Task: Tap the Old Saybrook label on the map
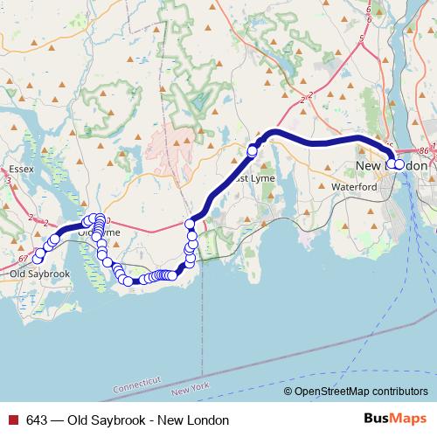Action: [x=39, y=274]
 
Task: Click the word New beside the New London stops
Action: [x=368, y=165]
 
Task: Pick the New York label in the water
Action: [x=192, y=387]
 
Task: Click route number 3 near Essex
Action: [x=8, y=181]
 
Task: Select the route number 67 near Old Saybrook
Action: [x=22, y=258]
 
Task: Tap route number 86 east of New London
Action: [x=424, y=150]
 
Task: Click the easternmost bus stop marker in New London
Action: [x=400, y=164]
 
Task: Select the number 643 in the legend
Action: [x=36, y=420]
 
